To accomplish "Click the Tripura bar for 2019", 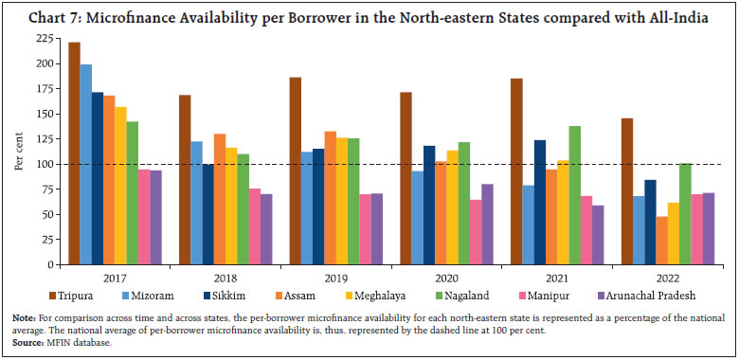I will click(x=295, y=171).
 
